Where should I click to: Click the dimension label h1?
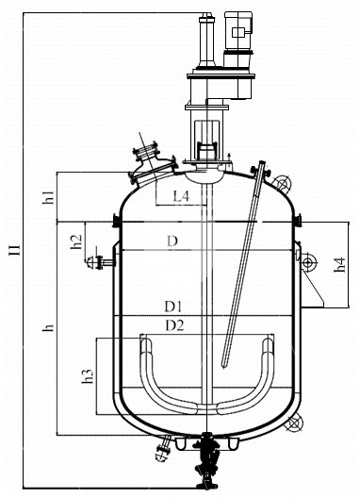click(49, 197)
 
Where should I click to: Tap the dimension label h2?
click(76, 241)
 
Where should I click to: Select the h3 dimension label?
click(88, 376)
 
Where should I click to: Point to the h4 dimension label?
click(339, 265)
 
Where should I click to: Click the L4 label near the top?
click(181, 196)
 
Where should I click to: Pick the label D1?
click(173, 307)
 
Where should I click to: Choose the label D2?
click(175, 325)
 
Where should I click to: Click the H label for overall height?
click(15, 250)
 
